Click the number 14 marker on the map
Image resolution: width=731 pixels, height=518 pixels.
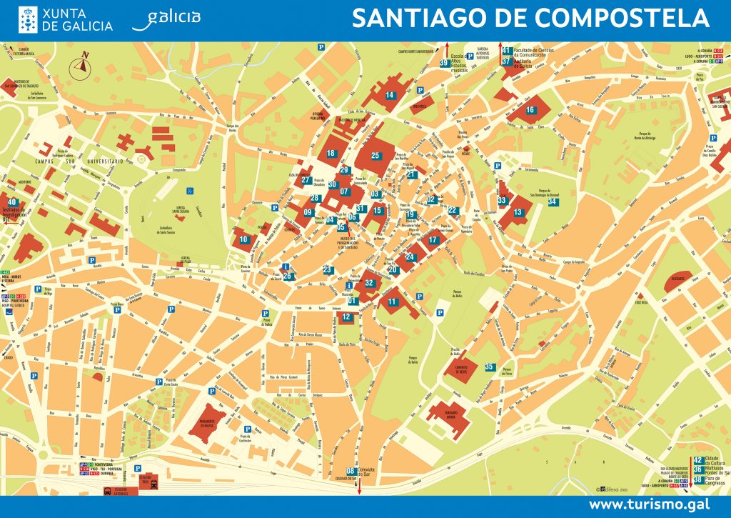click(x=390, y=95)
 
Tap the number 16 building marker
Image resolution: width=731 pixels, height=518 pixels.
click(x=530, y=110)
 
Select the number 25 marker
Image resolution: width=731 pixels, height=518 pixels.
click(x=375, y=155)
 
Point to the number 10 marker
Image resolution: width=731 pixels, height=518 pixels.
click(x=243, y=239)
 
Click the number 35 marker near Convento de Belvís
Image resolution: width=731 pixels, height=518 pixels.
click(x=489, y=367)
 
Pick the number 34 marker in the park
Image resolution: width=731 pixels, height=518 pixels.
click(x=552, y=202)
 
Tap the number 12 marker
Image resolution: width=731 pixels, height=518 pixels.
click(x=347, y=317)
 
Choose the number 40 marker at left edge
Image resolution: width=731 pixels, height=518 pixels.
click(x=12, y=203)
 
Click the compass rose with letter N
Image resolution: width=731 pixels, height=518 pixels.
click(x=81, y=66)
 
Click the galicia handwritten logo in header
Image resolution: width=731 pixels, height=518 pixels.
click(x=166, y=19)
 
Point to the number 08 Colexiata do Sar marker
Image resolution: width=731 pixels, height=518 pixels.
click(x=351, y=471)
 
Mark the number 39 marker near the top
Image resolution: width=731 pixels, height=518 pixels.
click(x=444, y=64)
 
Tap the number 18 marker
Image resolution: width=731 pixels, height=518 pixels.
click(x=331, y=153)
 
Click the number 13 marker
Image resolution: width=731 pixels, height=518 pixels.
click(x=518, y=212)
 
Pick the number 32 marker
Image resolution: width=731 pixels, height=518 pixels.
click(x=368, y=283)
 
